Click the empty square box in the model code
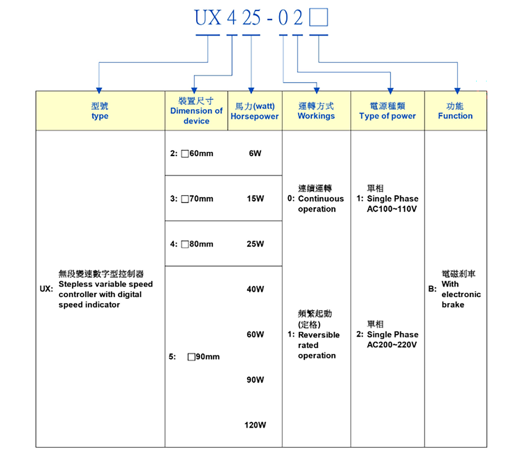[x=318, y=17]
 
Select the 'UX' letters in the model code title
[x=208, y=18]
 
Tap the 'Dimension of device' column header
[x=196, y=111]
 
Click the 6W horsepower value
[x=255, y=153]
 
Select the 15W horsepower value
[x=255, y=199]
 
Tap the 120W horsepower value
[x=255, y=425]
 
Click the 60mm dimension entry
[x=197, y=153]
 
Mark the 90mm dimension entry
[x=204, y=357]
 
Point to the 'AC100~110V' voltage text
[x=392, y=209]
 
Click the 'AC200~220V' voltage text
[x=392, y=345]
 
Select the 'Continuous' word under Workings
[x=321, y=199]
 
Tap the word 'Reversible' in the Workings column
[x=319, y=335]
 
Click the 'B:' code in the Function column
[x=432, y=289]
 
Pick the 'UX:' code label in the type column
[x=46, y=289]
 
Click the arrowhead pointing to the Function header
[x=457, y=91]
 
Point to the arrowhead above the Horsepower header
[x=251, y=91]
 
